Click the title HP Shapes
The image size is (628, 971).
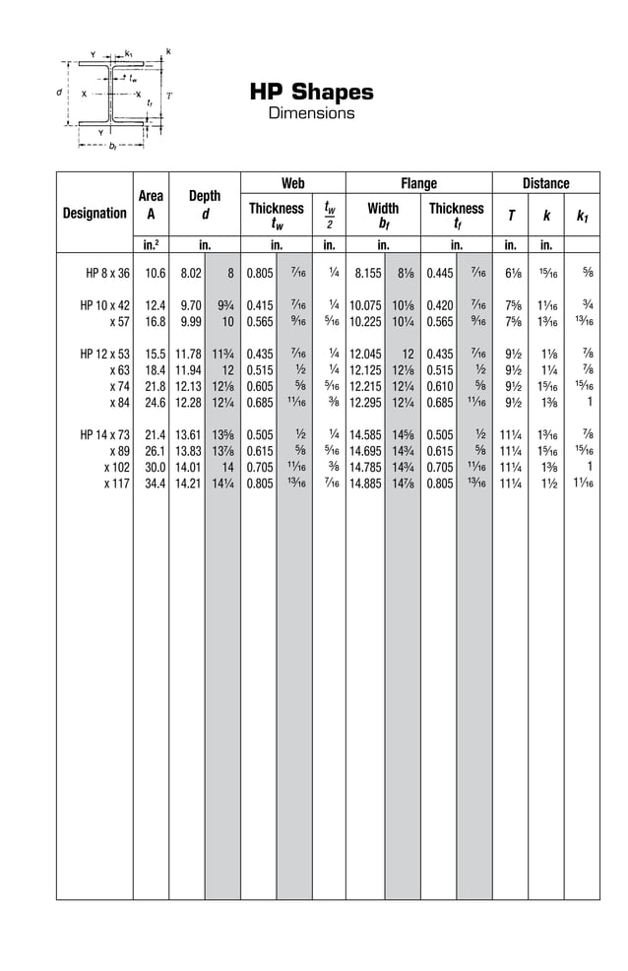pyautogui.click(x=311, y=93)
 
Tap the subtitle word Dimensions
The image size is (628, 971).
pyautogui.click(x=311, y=113)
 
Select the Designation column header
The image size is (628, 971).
pyautogui.click(x=94, y=213)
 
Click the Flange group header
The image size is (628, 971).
pyautogui.click(x=418, y=183)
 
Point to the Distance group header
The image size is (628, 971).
pyautogui.click(x=545, y=183)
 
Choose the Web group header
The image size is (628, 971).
pyautogui.click(x=293, y=183)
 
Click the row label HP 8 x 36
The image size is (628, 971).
pyautogui.click(x=108, y=274)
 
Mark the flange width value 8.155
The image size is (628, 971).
pyautogui.click(x=367, y=274)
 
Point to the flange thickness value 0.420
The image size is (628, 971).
pyautogui.click(x=440, y=305)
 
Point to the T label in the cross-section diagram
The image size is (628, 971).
pyautogui.click(x=169, y=96)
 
